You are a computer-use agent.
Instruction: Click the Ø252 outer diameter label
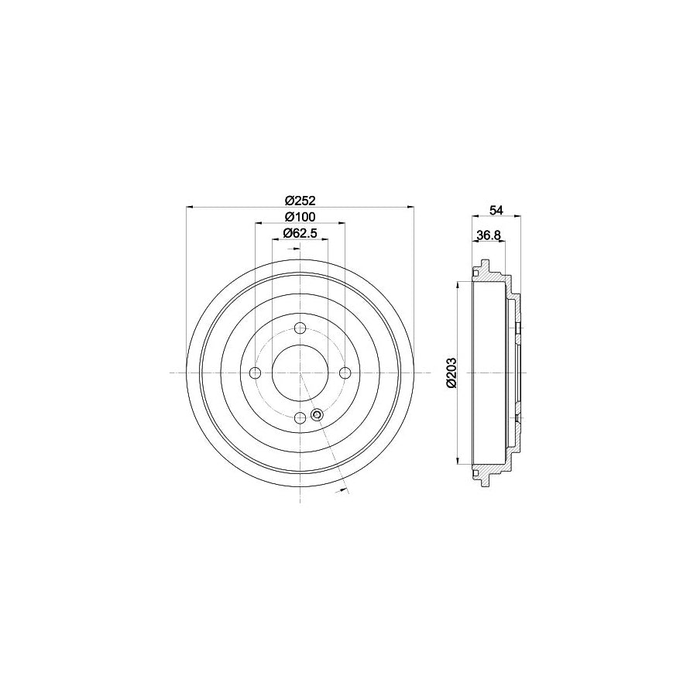pos(299,198)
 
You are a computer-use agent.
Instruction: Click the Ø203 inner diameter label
pos(452,372)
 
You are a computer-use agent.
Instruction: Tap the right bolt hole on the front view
pos(344,373)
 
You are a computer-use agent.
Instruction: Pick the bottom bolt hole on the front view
pos(300,417)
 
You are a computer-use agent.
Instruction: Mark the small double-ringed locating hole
pos(317,415)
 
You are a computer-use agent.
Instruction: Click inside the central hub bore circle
pos(300,373)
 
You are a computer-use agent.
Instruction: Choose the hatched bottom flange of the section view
pos(487,472)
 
